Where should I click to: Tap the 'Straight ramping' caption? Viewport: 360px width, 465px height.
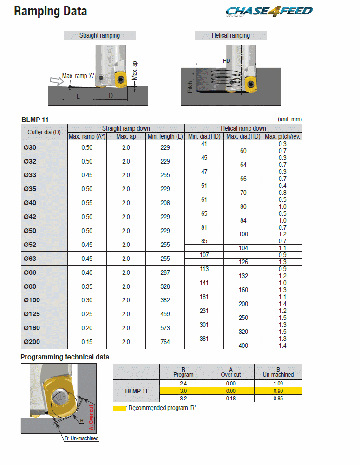(x=99, y=35)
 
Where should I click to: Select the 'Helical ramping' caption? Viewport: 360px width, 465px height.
(x=230, y=35)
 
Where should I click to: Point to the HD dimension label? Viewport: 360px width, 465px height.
(x=227, y=61)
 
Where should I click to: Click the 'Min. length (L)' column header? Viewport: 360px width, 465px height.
(x=165, y=136)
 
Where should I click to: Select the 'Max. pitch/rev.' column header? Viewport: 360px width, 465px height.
(x=282, y=136)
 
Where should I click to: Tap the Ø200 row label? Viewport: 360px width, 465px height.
(x=32, y=342)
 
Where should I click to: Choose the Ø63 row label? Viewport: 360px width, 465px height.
(x=31, y=259)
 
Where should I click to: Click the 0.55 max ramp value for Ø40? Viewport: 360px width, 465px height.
(x=87, y=203)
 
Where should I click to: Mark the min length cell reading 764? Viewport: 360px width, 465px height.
(x=165, y=342)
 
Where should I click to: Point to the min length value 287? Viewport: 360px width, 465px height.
(x=165, y=272)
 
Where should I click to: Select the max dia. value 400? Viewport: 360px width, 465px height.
(x=243, y=346)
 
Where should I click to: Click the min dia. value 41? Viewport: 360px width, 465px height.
(x=204, y=144)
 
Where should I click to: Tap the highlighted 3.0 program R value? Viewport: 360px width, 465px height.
(x=183, y=392)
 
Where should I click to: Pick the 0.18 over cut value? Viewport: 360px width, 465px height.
(x=230, y=399)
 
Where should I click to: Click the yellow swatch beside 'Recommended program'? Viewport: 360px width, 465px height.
(x=119, y=408)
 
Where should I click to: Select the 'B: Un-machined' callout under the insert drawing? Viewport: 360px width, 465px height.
(x=81, y=438)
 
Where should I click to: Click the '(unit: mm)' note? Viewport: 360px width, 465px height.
(x=289, y=120)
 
